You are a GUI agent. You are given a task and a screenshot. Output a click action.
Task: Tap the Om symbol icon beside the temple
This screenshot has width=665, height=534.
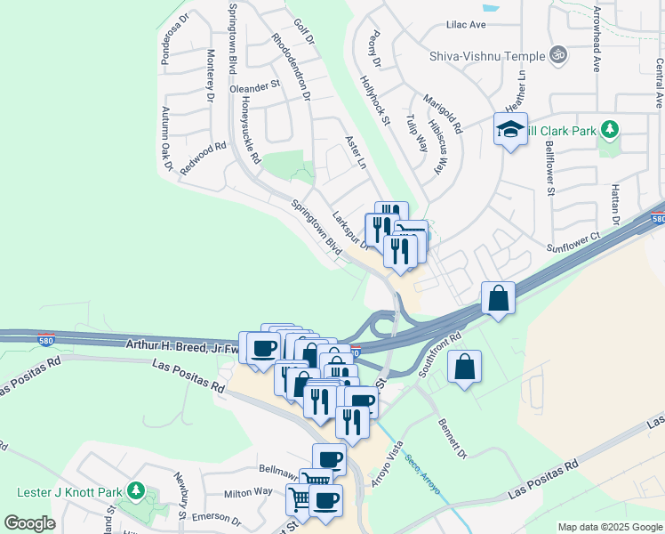pyautogui.click(x=558, y=55)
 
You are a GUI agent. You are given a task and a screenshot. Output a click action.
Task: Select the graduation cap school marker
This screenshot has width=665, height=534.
pyautogui.click(x=510, y=130)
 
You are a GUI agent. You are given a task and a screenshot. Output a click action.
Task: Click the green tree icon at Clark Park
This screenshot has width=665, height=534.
pyautogui.click(x=609, y=130)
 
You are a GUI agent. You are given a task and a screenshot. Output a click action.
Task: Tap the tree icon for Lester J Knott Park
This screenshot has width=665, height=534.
pyautogui.click(x=135, y=490)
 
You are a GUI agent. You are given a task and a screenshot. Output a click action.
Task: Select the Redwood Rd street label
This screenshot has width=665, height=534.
pyautogui.click(x=203, y=158)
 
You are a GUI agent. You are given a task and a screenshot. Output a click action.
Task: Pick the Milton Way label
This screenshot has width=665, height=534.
pyautogui.click(x=248, y=491)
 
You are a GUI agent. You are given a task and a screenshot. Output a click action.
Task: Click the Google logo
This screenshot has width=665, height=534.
pyautogui.click(x=29, y=523)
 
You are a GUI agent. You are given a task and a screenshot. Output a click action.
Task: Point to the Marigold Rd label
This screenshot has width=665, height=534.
pyautogui.click(x=443, y=114)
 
